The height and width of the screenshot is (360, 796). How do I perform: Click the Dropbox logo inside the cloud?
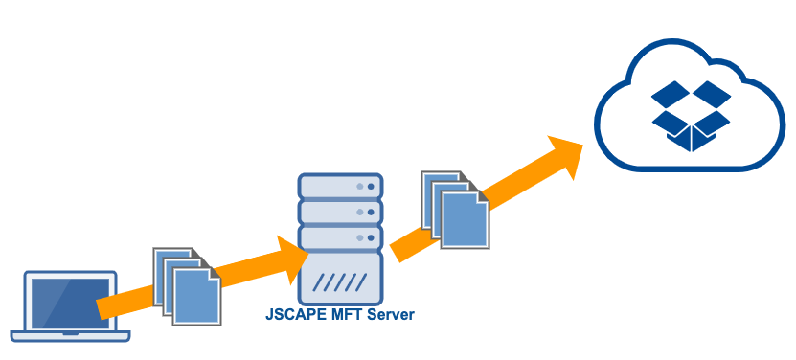(x=690, y=115)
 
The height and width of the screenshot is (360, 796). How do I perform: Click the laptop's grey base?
(x=71, y=336)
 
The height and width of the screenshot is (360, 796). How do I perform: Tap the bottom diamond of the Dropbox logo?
(x=690, y=138)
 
